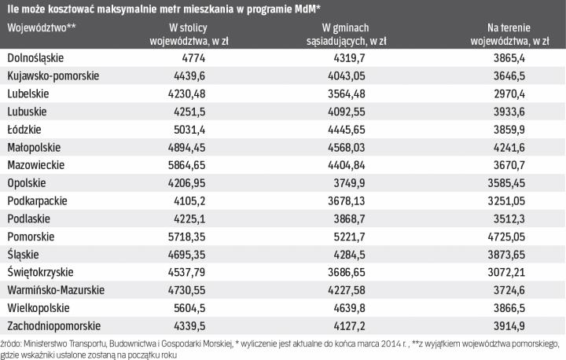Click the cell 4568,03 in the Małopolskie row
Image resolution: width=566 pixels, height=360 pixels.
(364, 147)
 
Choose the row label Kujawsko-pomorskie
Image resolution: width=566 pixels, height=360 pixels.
(52, 75)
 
